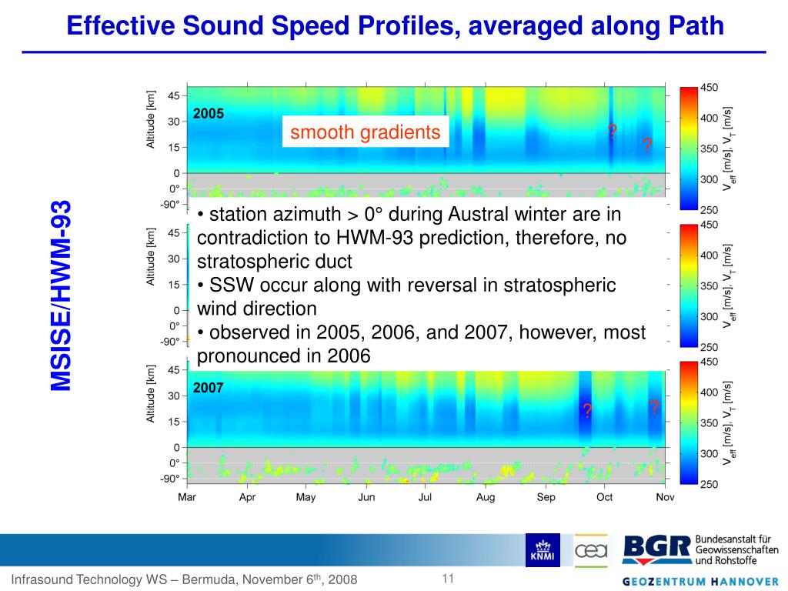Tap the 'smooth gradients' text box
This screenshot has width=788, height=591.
pyautogui.click(x=365, y=133)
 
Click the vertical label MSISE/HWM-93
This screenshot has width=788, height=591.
pyautogui.click(x=61, y=295)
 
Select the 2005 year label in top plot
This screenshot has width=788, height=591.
pyautogui.click(x=208, y=114)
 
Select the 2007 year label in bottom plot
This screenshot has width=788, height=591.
pyautogui.click(x=208, y=388)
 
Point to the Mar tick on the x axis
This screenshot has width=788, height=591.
pyautogui.click(x=187, y=497)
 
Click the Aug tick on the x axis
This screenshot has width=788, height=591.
pyautogui.click(x=486, y=497)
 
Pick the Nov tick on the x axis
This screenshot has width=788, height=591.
pyautogui.click(x=665, y=497)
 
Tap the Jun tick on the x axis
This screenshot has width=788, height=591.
pyautogui.click(x=366, y=497)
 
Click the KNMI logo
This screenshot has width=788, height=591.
pyautogui.click(x=543, y=549)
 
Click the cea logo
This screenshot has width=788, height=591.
pyautogui.click(x=591, y=549)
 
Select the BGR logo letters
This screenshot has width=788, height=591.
pyautogui.click(x=655, y=549)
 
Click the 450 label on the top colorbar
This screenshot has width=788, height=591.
pyautogui.click(x=710, y=88)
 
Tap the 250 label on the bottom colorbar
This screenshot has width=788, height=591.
pyautogui.click(x=710, y=484)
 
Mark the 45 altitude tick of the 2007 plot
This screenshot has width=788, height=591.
pyautogui.click(x=173, y=370)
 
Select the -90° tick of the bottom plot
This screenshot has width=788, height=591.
pyautogui.click(x=170, y=479)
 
